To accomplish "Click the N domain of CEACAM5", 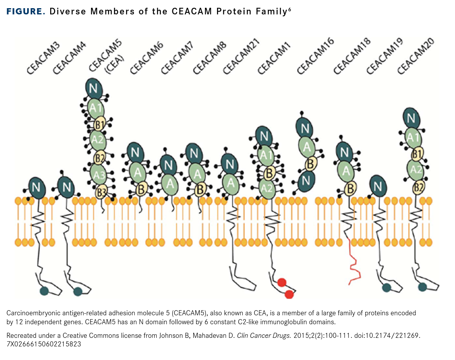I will (93, 89).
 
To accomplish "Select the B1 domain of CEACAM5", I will (100, 125).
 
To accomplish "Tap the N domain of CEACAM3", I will (37, 187).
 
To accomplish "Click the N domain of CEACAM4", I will (66, 187).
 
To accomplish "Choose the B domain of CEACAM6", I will (141, 189).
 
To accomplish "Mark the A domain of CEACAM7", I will (170, 183).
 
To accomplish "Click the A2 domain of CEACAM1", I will (267, 188).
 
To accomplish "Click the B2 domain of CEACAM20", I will (419, 188).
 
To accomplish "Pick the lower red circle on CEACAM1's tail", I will (289, 294).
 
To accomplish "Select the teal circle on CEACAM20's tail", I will (422, 287).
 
